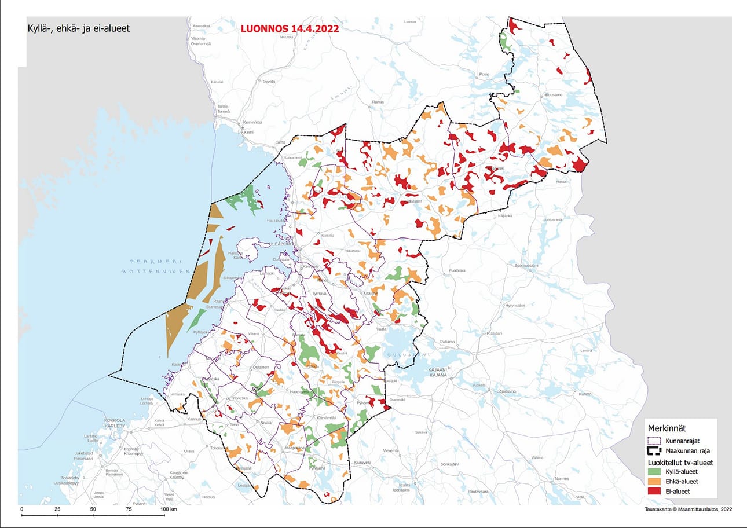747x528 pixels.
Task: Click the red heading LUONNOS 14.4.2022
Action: pyautogui.click(x=289, y=27)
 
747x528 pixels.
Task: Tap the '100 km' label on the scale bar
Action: pyautogui.click(x=169, y=509)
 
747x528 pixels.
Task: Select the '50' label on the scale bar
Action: pyautogui.click(x=93, y=509)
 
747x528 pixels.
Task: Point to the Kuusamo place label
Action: pyautogui.click(x=554, y=94)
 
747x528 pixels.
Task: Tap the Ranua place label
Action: pyautogui.click(x=378, y=102)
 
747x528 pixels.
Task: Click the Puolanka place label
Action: pyautogui.click(x=457, y=270)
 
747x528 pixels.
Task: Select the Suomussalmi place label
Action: pyautogui.click(x=527, y=265)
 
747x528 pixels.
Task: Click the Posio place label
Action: pyautogui.click(x=484, y=75)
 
